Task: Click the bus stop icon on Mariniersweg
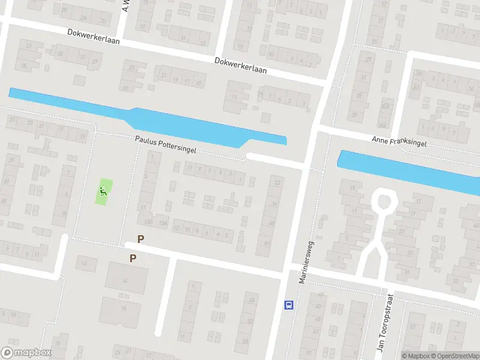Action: coord(289,305)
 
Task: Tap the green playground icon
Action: coord(103,192)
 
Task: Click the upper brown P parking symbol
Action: coord(141,239)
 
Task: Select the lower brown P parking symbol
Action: coord(133,259)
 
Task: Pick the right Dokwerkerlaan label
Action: coord(240,65)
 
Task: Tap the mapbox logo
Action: coord(26,353)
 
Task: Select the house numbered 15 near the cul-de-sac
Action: coord(350,189)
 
